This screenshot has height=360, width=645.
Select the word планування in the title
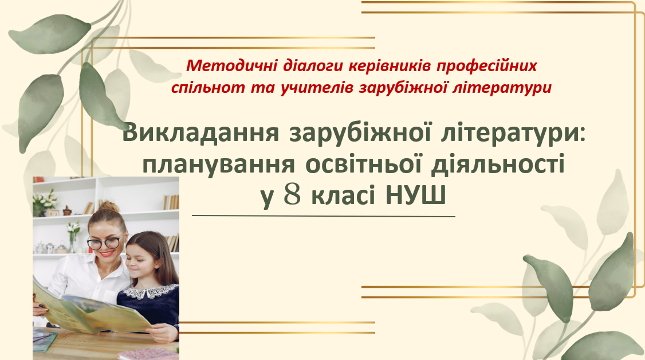pos(218,165)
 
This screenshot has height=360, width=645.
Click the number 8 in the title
pos(293,195)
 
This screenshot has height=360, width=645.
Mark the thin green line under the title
pos(323,216)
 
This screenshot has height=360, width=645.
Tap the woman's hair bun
pos(109,206)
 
